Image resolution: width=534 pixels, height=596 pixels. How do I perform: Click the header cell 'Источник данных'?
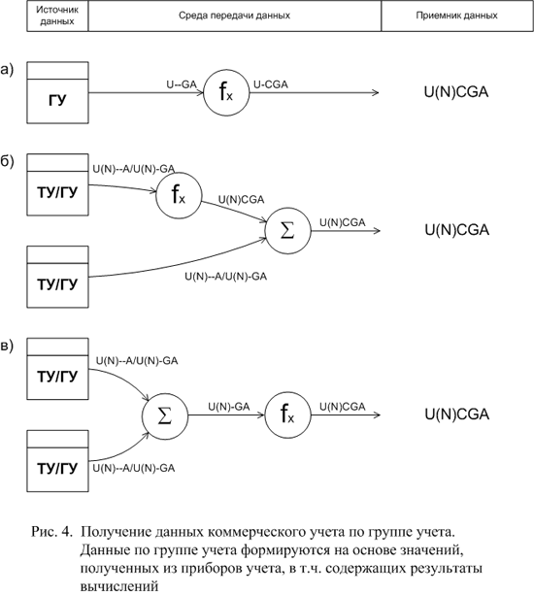[57, 16]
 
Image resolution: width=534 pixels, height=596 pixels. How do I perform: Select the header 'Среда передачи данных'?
[235, 16]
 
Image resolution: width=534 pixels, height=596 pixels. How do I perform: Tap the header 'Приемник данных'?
[457, 16]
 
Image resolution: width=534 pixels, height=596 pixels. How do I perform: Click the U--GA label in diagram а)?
[182, 84]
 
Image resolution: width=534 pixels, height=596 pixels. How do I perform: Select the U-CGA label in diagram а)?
[271, 84]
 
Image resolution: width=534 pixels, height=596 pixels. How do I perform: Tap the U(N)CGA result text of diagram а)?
[456, 92]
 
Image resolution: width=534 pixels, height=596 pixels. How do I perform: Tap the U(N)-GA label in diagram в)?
[229, 407]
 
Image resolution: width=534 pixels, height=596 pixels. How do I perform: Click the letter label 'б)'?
[7, 161]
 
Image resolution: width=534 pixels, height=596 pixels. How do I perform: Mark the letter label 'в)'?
[7, 346]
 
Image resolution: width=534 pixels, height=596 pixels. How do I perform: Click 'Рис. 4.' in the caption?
[51, 532]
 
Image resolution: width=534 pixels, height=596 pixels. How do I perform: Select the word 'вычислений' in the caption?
[119, 585]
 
